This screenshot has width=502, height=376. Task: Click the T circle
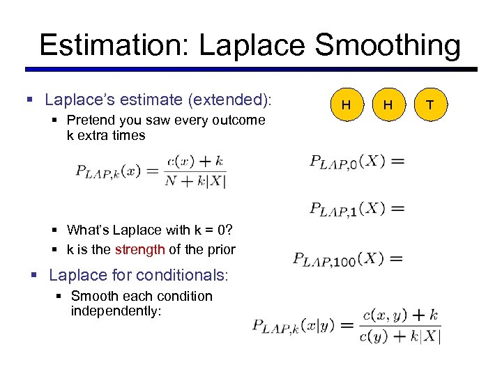(x=429, y=104)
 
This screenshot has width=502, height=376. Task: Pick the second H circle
(x=388, y=104)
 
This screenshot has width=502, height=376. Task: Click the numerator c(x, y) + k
(x=400, y=315)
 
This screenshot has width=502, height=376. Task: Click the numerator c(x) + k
(x=195, y=161)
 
